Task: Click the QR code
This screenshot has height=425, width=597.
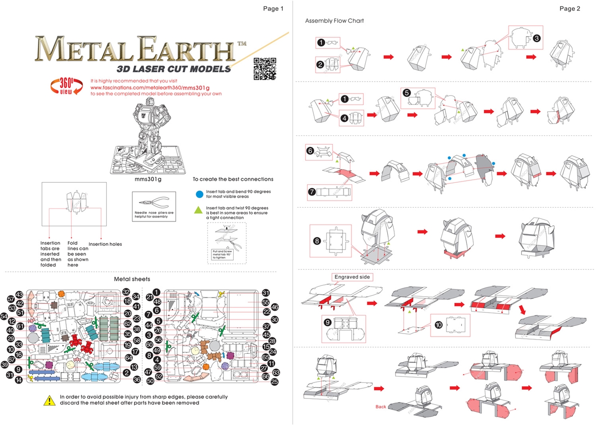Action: tap(264, 69)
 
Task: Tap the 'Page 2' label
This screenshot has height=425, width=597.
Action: tap(569, 8)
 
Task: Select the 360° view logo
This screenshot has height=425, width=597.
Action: tap(65, 87)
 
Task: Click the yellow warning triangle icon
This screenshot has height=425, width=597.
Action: tap(49, 400)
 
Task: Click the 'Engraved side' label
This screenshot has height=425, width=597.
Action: tap(353, 277)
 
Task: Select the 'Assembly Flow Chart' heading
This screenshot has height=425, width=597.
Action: tap(334, 21)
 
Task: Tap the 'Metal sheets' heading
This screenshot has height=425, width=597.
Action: tap(132, 279)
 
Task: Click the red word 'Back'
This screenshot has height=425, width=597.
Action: tap(381, 407)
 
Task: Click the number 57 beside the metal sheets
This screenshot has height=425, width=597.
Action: tap(11, 299)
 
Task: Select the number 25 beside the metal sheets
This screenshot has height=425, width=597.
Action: tap(274, 382)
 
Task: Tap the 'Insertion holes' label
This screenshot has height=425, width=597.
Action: tap(105, 244)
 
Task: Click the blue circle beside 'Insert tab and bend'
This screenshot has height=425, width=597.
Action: tap(199, 193)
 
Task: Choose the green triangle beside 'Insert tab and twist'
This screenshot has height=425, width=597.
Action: tap(199, 209)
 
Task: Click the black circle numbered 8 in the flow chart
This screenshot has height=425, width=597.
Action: tap(317, 241)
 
